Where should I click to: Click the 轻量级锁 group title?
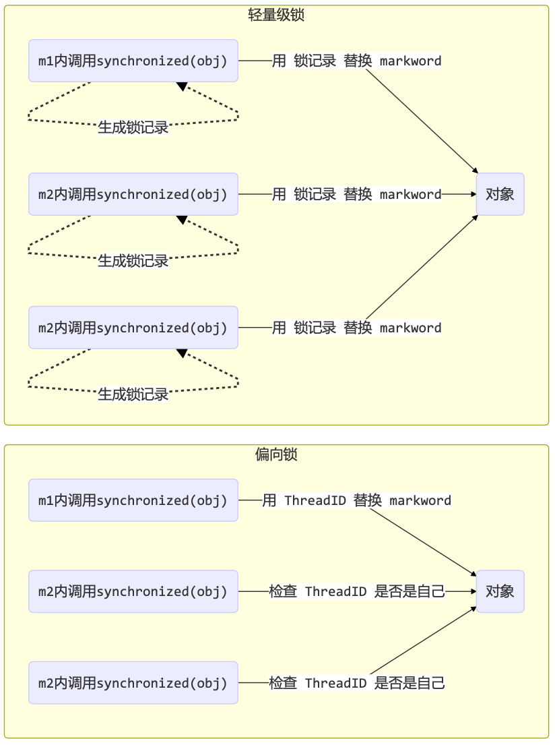[276, 15]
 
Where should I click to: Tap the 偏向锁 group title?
[276, 454]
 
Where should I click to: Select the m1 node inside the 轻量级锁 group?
[133, 61]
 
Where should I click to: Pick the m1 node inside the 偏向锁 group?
[133, 500]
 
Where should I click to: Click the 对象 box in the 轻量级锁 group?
[500, 194]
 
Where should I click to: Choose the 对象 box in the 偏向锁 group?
[500, 591]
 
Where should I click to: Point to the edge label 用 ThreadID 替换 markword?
[356, 500]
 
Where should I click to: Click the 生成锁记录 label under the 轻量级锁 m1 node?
[133, 127]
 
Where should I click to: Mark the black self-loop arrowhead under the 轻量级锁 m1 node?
[181, 86]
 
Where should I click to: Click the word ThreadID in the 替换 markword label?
[315, 500]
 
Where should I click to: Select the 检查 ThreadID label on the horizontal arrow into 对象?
[356, 591]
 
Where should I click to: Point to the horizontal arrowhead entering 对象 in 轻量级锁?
[473, 194]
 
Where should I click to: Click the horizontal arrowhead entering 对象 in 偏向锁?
[473, 591]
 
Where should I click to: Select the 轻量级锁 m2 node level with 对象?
[133, 194]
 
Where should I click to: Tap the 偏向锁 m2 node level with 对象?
[133, 591]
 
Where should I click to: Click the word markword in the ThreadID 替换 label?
[420, 500]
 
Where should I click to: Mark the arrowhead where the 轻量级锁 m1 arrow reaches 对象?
[475, 171]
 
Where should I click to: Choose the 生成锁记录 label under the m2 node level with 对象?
[133, 261]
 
